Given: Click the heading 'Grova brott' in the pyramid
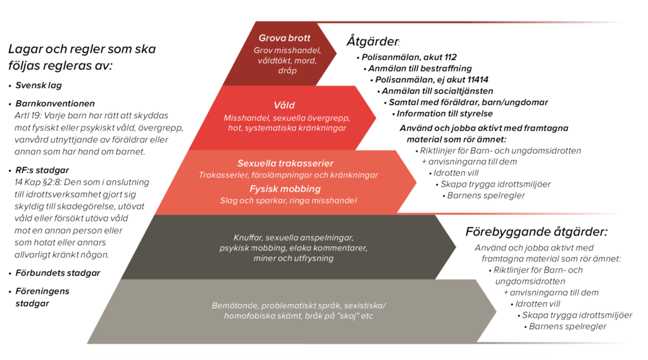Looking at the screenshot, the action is tap(284, 38).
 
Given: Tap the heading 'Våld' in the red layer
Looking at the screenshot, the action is tap(284, 106).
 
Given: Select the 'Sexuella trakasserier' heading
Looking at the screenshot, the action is tap(285, 163).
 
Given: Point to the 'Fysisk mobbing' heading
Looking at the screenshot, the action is tap(285, 189).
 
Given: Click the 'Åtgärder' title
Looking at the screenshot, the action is tap(372, 41).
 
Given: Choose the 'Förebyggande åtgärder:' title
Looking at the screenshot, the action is tap(537, 232).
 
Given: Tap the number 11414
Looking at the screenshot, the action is tap(478, 79).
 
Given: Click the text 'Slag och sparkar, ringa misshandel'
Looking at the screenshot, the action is tap(289, 201).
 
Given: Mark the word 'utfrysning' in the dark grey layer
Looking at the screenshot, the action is tap(313, 258).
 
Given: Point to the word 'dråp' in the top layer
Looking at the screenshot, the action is tap(287, 71).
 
